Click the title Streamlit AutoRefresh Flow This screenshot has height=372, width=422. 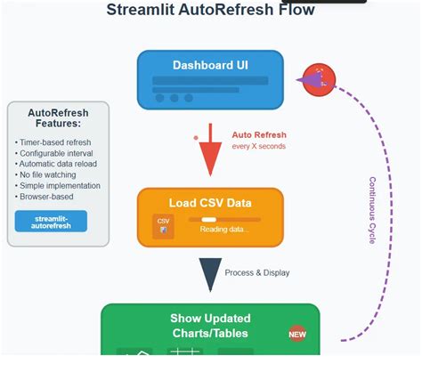(210, 11)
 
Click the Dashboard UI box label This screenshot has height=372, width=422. (210, 65)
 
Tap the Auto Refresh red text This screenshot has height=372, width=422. (259, 135)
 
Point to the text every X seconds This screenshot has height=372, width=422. (259, 146)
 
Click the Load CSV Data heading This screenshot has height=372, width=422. (210, 202)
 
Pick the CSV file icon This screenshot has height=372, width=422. (163, 225)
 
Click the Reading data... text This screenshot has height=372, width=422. (224, 230)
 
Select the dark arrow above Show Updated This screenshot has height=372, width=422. (210, 274)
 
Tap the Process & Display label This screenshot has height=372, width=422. (257, 272)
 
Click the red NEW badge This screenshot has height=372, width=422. (297, 335)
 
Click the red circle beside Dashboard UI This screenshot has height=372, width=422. (319, 81)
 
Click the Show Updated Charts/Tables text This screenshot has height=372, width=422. (210, 326)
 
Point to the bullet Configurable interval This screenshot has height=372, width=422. (56, 153)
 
